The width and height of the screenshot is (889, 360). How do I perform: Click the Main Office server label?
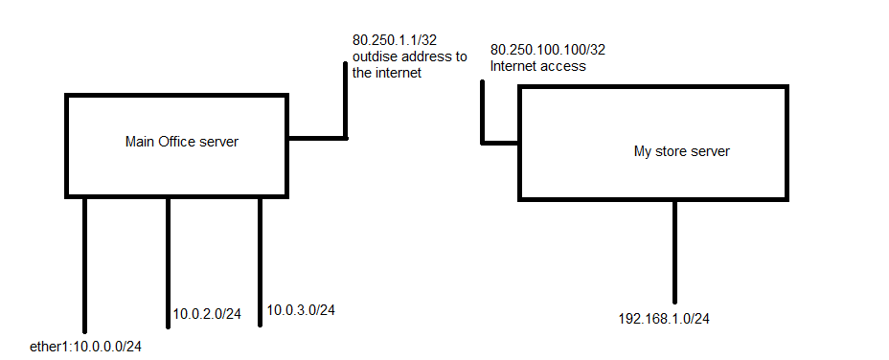181,142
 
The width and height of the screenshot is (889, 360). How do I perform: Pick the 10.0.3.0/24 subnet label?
300,309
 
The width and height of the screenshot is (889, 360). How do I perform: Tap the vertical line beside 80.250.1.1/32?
346,101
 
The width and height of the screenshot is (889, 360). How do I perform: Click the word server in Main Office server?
218,142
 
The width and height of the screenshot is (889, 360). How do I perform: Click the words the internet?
386,74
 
